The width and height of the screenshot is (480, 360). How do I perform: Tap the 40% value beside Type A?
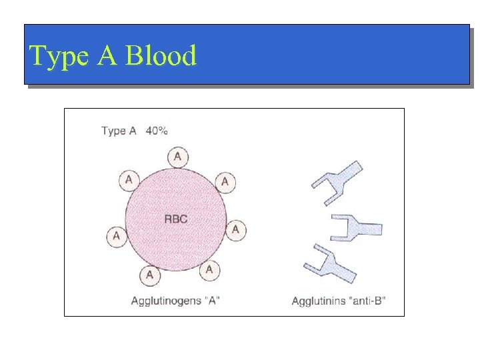(157, 131)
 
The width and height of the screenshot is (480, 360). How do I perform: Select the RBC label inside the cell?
(175, 219)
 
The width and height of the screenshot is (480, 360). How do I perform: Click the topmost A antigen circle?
(177, 157)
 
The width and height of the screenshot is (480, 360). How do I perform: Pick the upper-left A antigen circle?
(129, 179)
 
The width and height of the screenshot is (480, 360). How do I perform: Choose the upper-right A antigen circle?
(225, 181)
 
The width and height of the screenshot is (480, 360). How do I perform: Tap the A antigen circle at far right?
(235, 230)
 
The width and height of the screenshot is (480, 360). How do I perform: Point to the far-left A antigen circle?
(117, 235)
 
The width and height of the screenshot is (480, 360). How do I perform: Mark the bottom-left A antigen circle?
(149, 274)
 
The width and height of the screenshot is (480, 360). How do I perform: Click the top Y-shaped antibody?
(337, 182)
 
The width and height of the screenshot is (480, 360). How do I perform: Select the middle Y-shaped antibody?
(357, 227)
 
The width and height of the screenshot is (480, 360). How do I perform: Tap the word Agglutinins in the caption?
(318, 301)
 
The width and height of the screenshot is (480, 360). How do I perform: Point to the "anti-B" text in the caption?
(367, 301)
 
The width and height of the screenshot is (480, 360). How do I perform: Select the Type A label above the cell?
(119, 131)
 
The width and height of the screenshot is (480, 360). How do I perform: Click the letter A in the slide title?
(107, 56)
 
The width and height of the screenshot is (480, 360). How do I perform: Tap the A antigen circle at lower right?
(209, 269)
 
